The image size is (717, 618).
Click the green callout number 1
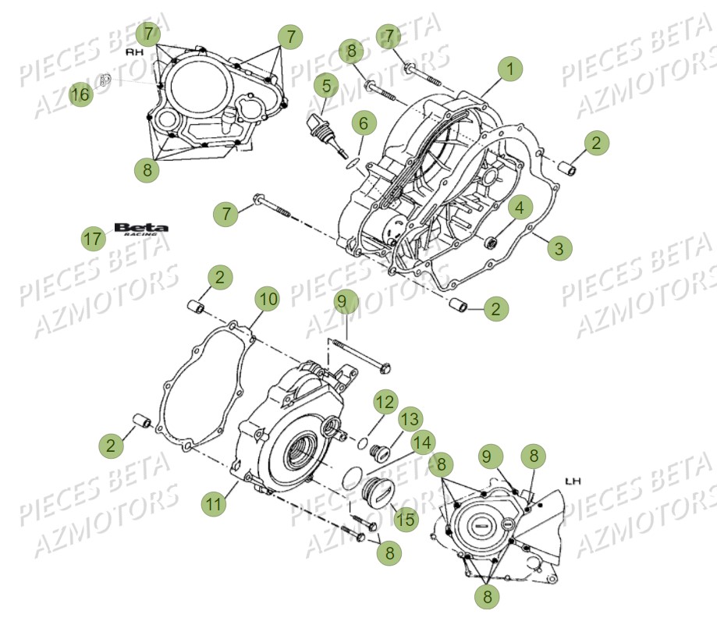point(510,69)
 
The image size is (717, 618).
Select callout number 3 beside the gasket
point(559,248)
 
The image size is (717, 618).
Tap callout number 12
point(384,403)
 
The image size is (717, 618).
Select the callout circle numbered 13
point(410,418)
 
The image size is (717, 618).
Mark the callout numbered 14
point(421,442)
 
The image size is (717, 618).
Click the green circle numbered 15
point(405,518)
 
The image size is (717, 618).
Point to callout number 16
point(80,94)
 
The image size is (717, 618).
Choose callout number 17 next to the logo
point(93,238)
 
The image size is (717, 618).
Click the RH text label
point(136,51)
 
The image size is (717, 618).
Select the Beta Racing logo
point(140,229)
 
